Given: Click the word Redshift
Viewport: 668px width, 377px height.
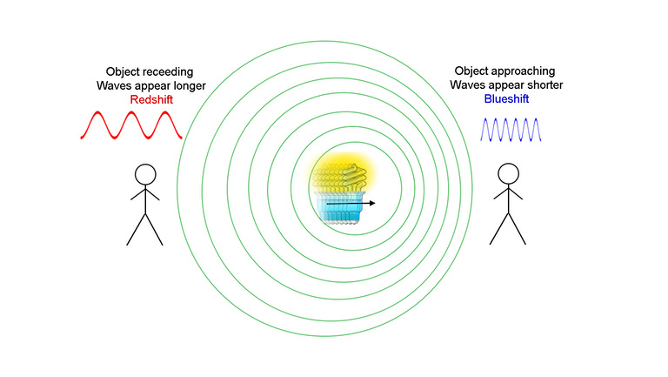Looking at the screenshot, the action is tap(151, 100).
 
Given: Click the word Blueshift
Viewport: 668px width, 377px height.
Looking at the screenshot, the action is tap(506, 99).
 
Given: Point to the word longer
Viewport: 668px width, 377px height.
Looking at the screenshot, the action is tap(188, 86).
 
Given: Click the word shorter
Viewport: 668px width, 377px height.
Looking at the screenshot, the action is tap(543, 84).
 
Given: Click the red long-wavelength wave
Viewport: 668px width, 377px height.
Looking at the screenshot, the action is tap(131, 125).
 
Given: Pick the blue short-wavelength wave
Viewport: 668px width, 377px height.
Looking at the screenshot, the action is tap(511, 130).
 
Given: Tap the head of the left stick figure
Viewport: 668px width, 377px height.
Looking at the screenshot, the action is tap(145, 175).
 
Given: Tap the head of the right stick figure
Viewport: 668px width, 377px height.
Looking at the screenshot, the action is tap(508, 174).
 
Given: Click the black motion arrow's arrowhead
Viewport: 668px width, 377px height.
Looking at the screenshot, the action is tap(372, 203).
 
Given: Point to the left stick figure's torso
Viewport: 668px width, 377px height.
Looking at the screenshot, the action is tap(146, 199).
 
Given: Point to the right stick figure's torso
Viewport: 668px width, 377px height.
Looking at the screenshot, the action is tap(509, 199).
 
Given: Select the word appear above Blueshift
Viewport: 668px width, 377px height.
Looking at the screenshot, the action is tap(501, 85).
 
